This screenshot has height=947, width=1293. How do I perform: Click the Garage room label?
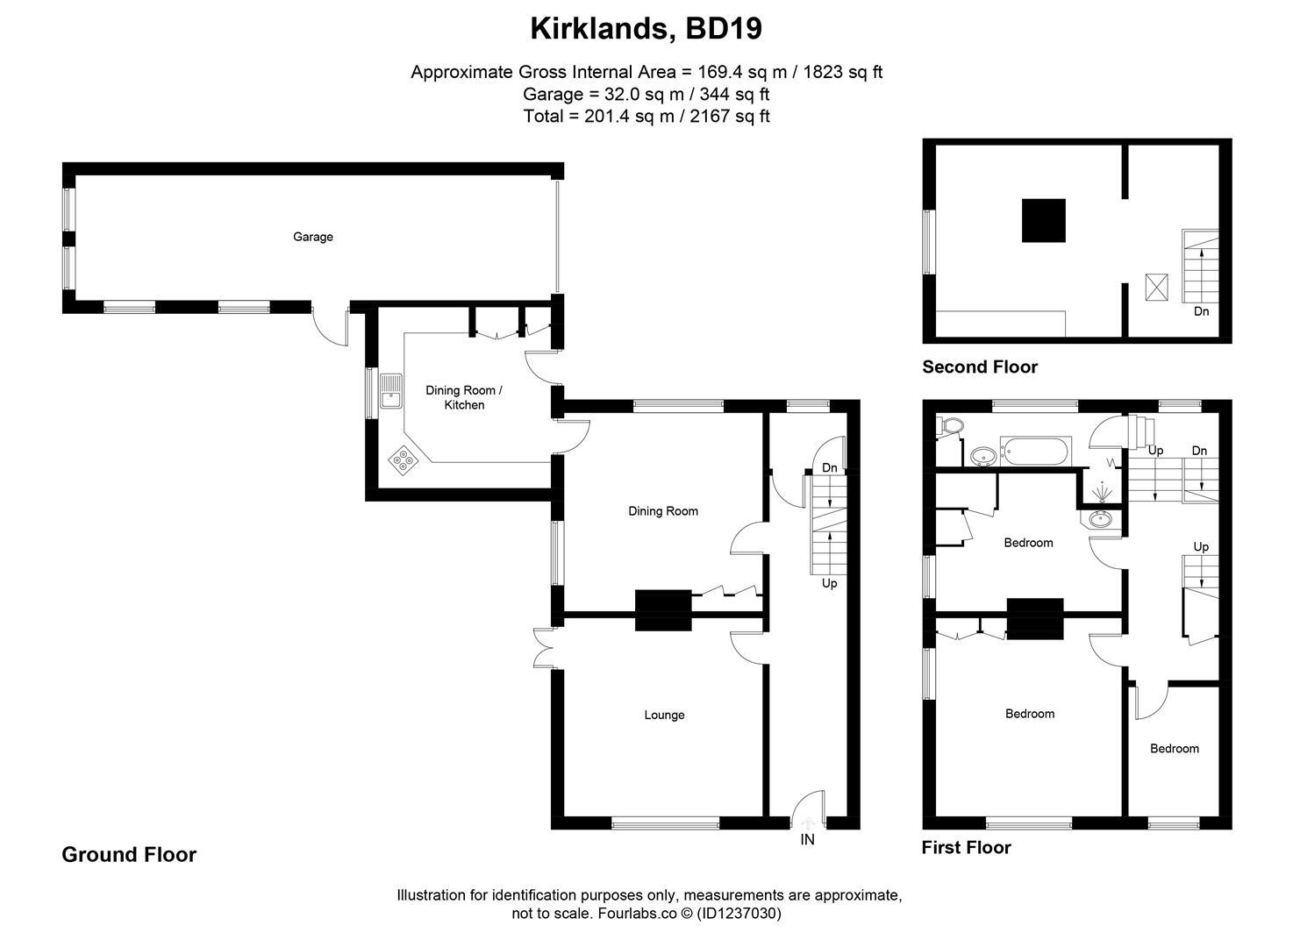click(312, 237)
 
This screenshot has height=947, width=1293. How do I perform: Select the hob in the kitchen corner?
click(404, 459)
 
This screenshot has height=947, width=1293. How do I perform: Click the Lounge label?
click(664, 716)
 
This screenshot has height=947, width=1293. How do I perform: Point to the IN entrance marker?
click(807, 839)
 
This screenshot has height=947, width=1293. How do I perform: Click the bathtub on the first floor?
click(1035, 452)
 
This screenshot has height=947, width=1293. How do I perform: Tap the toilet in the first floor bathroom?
click(950, 426)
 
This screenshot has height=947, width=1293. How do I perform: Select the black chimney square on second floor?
click(1043, 220)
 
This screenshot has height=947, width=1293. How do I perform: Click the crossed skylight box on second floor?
click(1157, 288)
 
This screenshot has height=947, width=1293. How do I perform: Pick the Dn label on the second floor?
click(1201, 311)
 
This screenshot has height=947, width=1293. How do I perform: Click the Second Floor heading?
click(979, 367)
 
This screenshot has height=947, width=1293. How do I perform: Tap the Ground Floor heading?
click(129, 855)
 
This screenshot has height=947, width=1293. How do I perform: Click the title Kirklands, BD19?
click(646, 29)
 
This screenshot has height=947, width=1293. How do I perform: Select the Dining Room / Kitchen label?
click(464, 397)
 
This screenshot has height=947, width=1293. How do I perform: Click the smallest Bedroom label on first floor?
click(1174, 749)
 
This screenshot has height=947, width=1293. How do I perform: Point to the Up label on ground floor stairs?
click(829, 583)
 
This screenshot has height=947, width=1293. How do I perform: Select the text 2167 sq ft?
click(730, 117)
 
